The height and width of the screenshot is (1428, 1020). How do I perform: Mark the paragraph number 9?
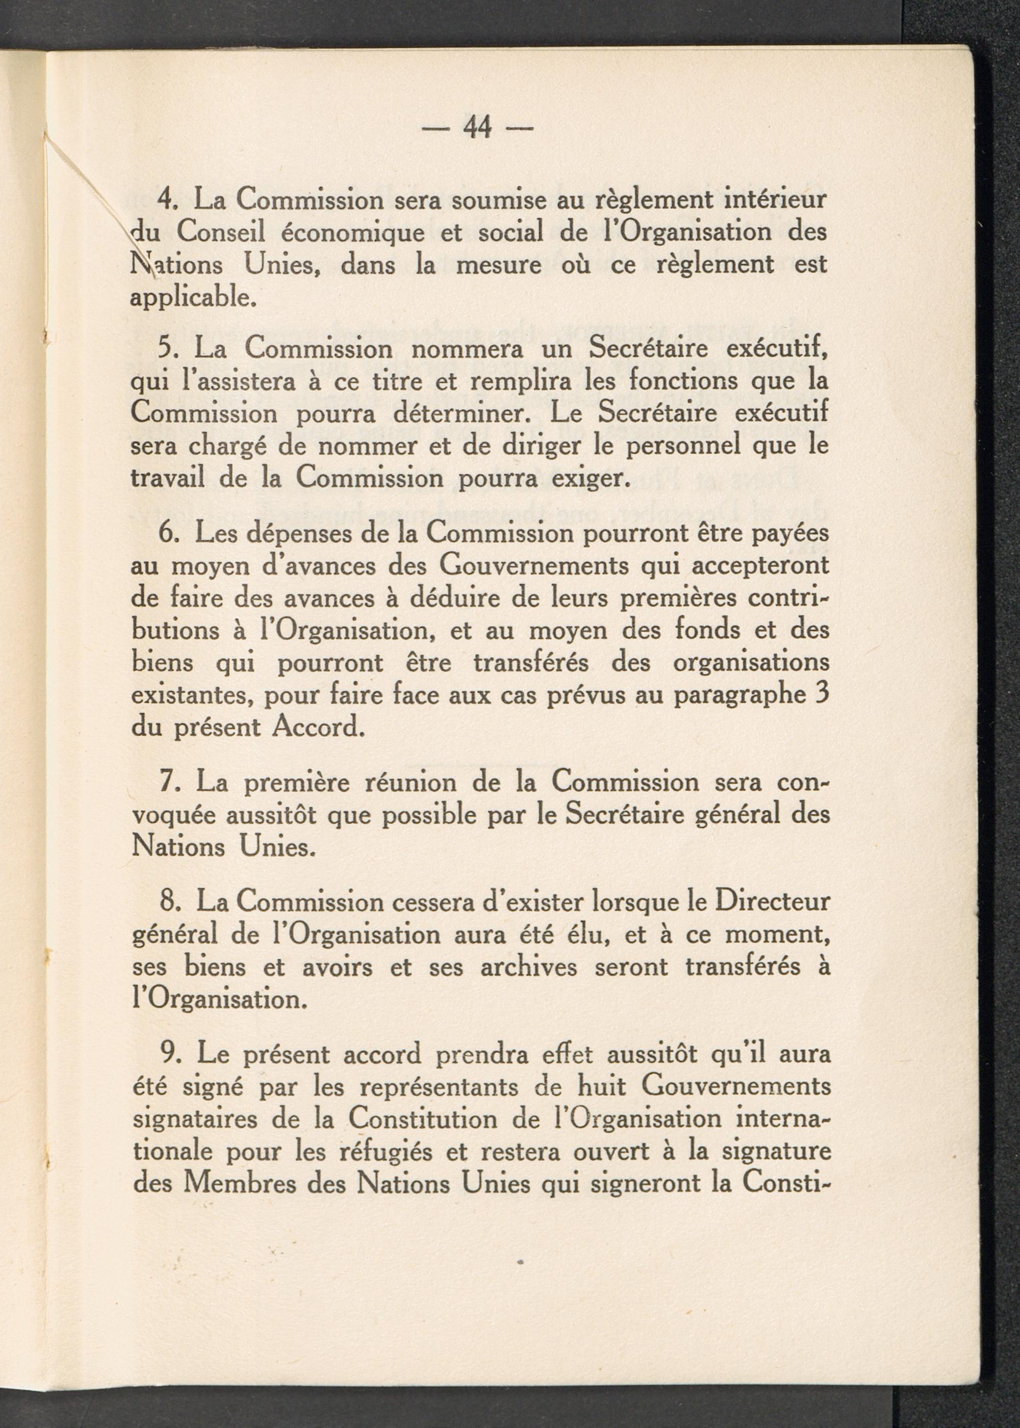pyautogui.click(x=168, y=1054)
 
